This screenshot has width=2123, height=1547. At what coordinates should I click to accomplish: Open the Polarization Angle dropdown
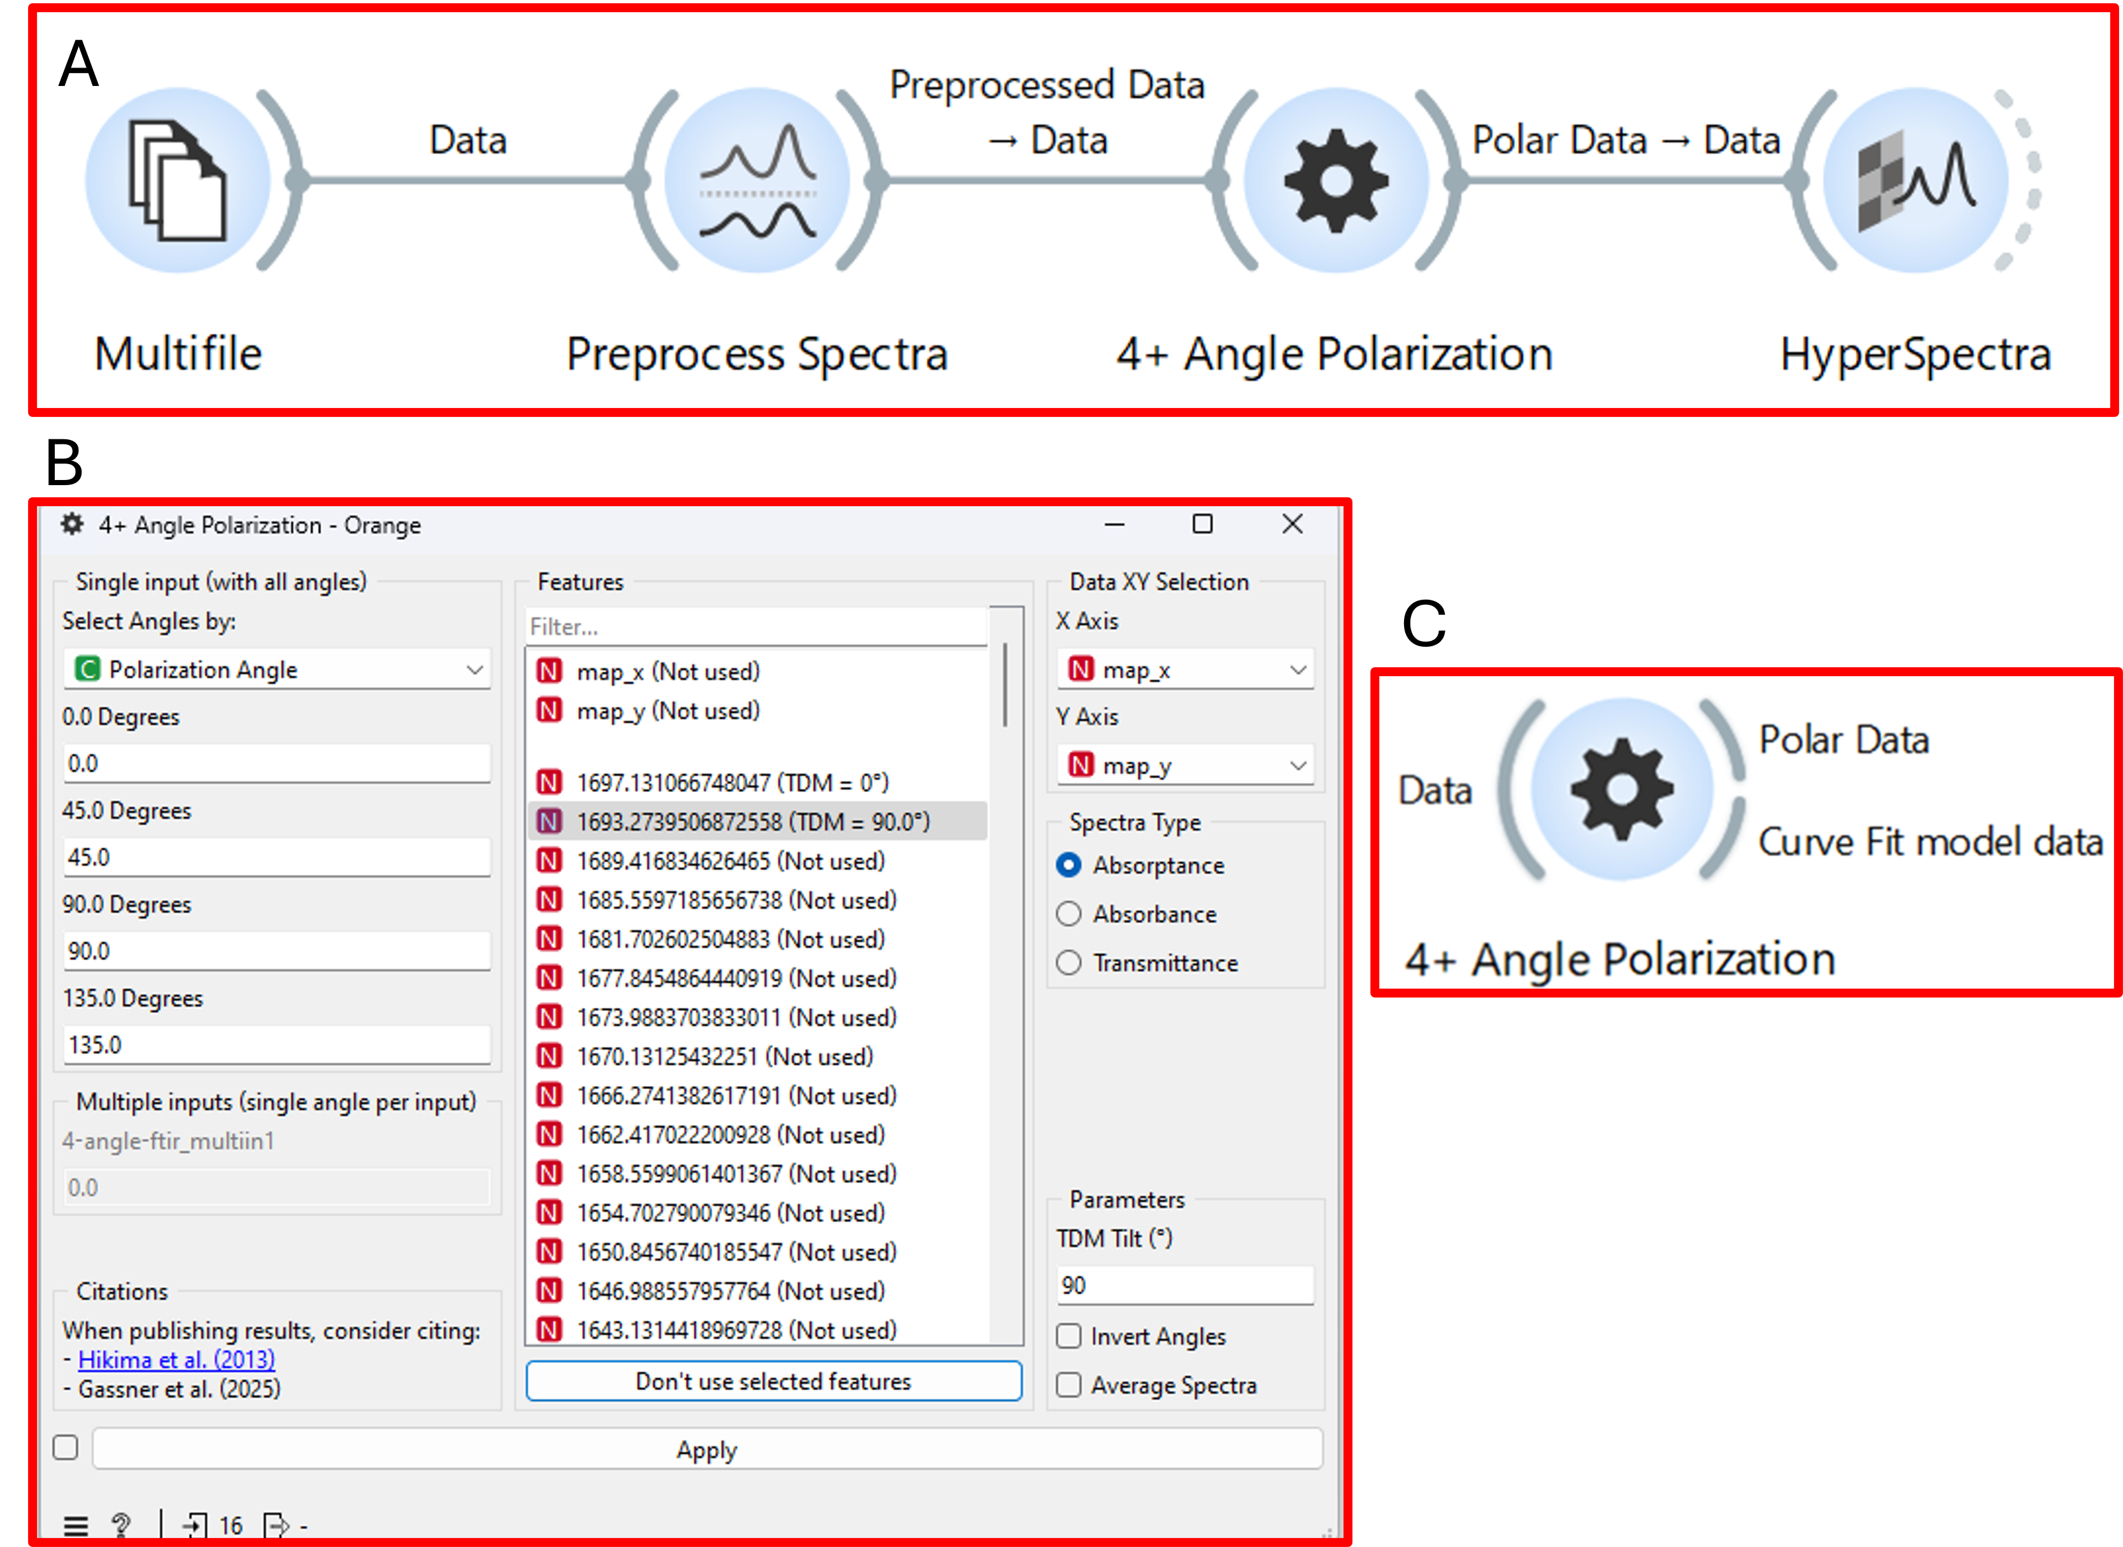(276, 670)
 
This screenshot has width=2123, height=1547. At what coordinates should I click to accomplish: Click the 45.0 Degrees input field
(276, 857)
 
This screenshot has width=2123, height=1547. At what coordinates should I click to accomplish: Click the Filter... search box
(756, 626)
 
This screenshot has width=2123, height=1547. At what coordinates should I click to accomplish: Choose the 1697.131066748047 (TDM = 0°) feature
(732, 782)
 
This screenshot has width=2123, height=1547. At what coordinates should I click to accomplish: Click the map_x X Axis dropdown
(1184, 670)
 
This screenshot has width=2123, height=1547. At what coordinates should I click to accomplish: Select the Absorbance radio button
(1069, 914)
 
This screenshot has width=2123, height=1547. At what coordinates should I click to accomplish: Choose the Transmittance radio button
(1069, 963)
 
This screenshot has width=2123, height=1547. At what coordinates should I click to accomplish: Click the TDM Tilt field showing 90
(1184, 1285)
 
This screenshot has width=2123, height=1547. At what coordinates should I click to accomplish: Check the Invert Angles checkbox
(1069, 1336)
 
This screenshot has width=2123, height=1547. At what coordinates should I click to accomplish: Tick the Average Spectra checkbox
(1069, 1385)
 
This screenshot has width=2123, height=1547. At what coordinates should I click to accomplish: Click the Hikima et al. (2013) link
(176, 1360)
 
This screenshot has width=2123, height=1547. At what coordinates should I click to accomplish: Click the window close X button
(1293, 525)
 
